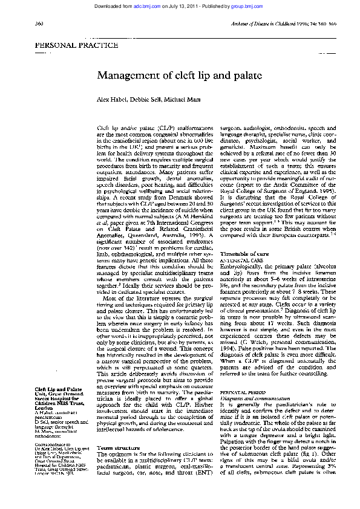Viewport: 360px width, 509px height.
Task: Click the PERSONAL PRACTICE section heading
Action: tap(77, 45)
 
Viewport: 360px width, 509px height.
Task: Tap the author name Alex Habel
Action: tap(111, 99)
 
